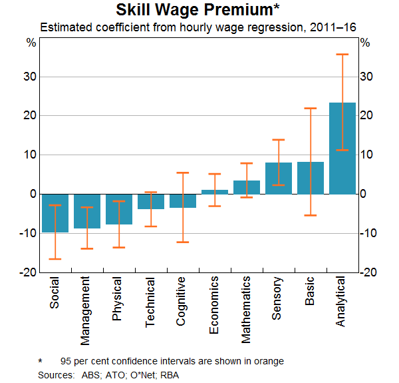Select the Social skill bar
55,213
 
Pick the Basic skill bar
311,178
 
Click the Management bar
87,211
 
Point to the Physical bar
119,209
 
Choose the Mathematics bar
247,187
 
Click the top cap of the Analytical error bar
342,55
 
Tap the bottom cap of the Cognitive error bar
183,242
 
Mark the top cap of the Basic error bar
311,108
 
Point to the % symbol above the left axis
31,43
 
